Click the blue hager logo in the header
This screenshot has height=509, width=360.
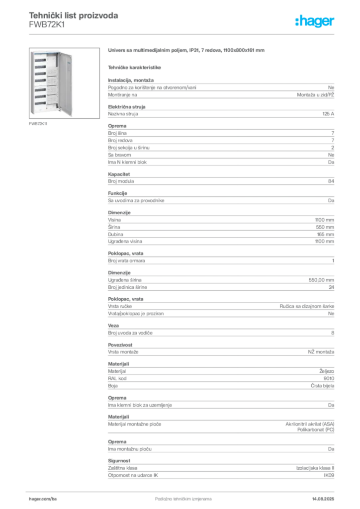pos(315,22)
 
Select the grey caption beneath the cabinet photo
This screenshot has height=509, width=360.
pos(38,124)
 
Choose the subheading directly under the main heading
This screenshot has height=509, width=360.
pos(135,67)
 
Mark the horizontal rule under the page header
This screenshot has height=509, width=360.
pos(183,34)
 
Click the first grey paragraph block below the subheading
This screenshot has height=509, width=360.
pos(221,89)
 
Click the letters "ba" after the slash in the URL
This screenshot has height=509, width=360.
pos(54,497)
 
